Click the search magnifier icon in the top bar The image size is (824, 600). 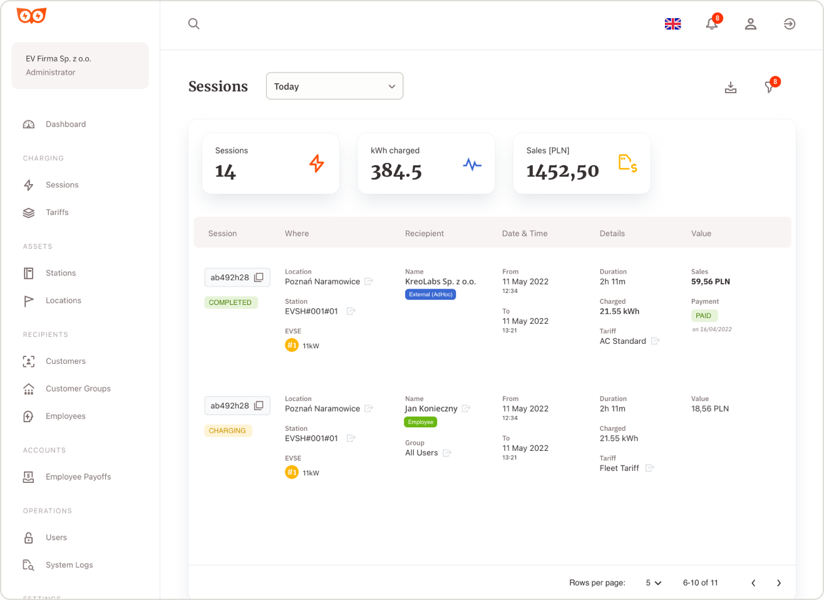tap(194, 24)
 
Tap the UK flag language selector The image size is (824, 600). tap(672, 24)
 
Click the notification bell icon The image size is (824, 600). tap(712, 24)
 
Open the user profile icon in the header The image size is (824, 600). tap(751, 24)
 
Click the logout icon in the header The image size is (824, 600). tap(790, 24)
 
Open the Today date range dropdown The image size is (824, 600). tap(334, 86)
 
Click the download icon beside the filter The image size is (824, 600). tap(731, 87)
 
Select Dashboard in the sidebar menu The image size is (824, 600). tap(65, 124)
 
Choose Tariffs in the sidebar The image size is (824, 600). tap(57, 212)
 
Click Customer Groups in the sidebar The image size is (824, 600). tap(78, 388)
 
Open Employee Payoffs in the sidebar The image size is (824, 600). tap(78, 477)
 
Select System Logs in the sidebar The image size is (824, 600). tap(69, 565)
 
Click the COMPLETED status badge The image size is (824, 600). tap(230, 303)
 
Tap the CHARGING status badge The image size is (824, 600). tap(227, 431)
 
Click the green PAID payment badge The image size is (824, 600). tap(704, 316)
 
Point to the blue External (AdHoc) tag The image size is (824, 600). tap(431, 294)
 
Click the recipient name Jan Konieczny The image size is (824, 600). tap(431, 408)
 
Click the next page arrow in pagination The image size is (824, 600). tap(779, 583)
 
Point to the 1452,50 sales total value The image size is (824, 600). tap(562, 171)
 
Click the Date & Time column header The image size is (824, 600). tap(525, 234)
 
